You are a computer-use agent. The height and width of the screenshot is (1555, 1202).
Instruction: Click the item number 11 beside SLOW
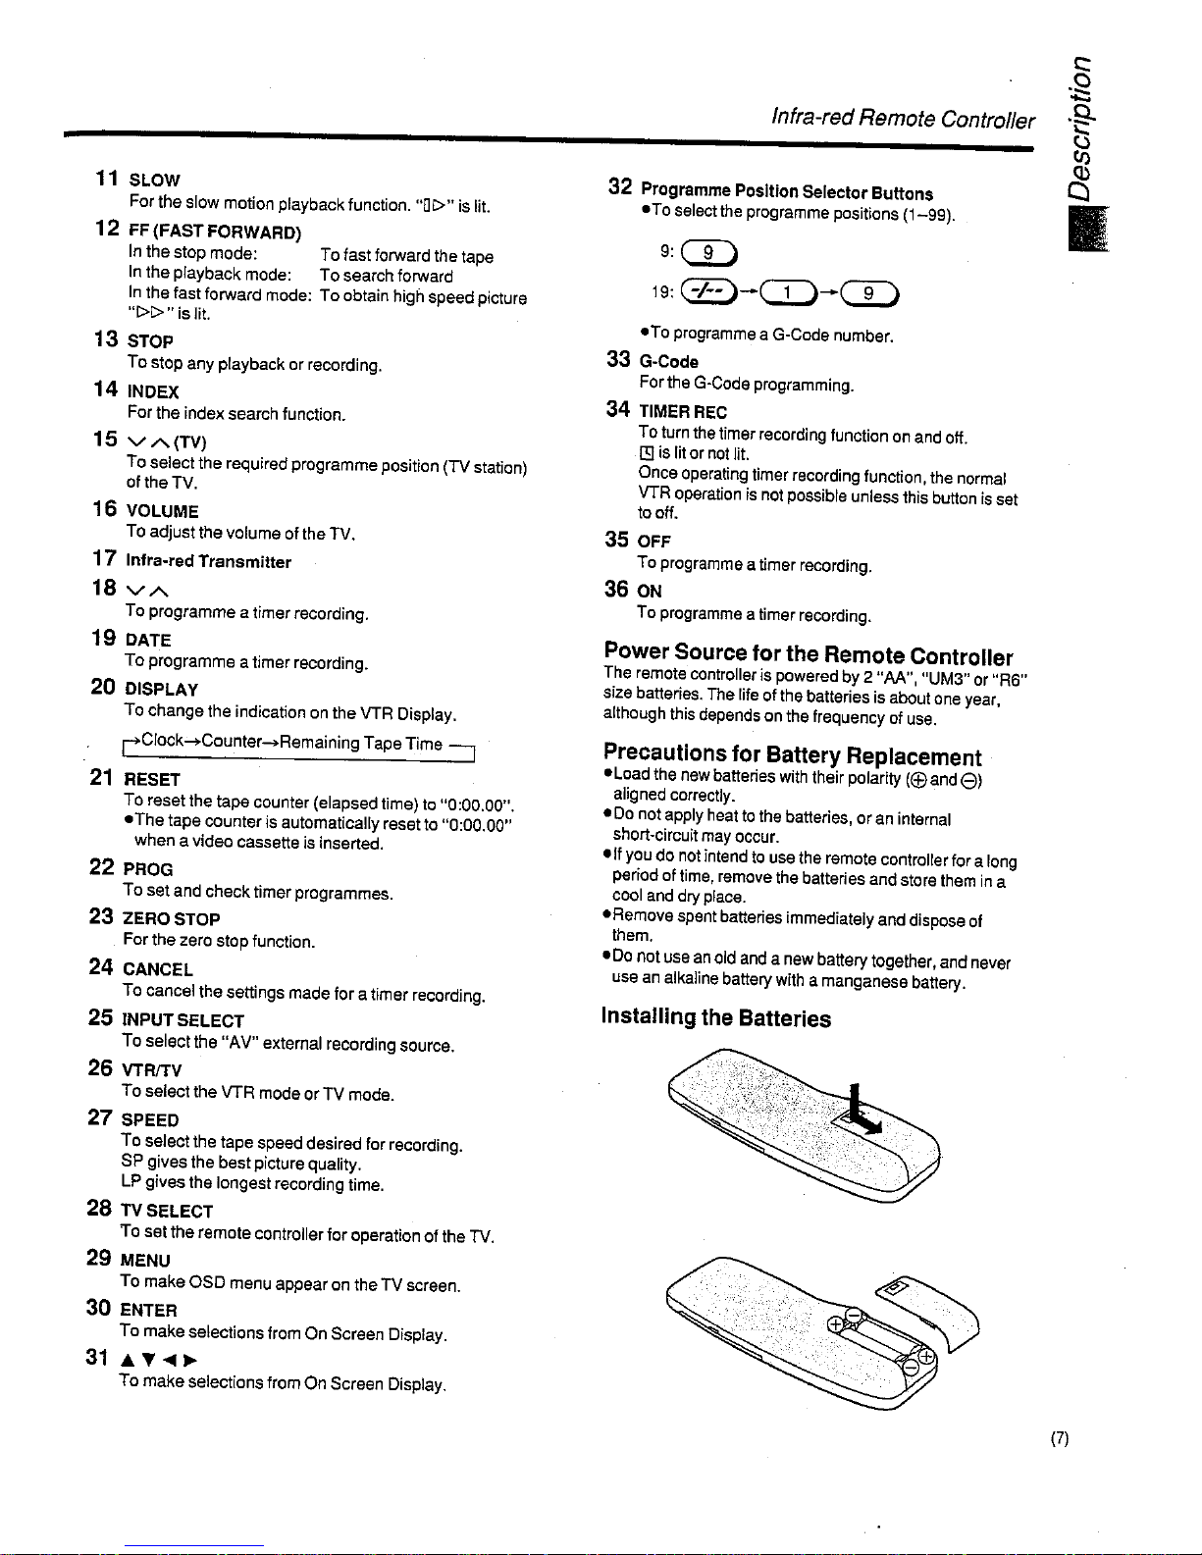(x=107, y=179)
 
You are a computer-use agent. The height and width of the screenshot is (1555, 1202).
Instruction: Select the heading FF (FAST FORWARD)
(x=215, y=232)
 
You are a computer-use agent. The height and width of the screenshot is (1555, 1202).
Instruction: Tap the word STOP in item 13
(x=150, y=340)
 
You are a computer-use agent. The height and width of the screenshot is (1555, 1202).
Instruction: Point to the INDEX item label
(x=153, y=391)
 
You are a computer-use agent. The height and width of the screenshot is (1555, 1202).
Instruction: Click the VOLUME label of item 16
(x=163, y=511)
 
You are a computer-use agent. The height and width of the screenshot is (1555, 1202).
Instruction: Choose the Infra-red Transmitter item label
(x=209, y=561)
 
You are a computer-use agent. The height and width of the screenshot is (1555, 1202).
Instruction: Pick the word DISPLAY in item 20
(x=162, y=689)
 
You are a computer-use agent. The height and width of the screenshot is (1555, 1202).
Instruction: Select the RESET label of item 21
(x=152, y=779)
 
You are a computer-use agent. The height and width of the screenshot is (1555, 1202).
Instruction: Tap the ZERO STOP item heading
(x=172, y=919)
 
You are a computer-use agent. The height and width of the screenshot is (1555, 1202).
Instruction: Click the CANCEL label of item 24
(x=158, y=969)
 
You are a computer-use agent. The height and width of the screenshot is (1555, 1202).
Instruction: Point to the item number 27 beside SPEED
(x=100, y=1117)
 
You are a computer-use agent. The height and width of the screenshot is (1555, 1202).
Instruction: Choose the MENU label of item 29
(x=145, y=1260)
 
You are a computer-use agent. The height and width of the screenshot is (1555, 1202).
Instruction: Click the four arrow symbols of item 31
(x=159, y=1359)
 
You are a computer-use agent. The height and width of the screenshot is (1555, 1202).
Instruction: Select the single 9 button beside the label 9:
(x=709, y=252)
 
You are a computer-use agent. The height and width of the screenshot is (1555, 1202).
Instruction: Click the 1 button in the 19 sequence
(x=788, y=292)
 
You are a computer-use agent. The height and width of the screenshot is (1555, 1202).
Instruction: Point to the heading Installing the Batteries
(x=716, y=1017)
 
